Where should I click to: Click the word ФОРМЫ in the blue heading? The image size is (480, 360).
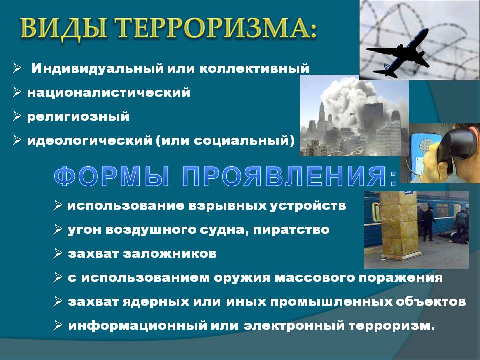click(x=111, y=177)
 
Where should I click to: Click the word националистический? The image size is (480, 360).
click(x=109, y=93)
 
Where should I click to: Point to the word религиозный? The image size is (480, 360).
click(x=78, y=117)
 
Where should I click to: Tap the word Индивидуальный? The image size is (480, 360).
click(x=97, y=68)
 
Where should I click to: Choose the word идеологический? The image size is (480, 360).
click(x=89, y=141)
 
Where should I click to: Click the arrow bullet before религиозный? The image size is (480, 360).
click(x=17, y=116)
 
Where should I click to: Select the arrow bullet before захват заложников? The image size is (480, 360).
click(x=58, y=253)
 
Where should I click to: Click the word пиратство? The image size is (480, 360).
click(x=291, y=230)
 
